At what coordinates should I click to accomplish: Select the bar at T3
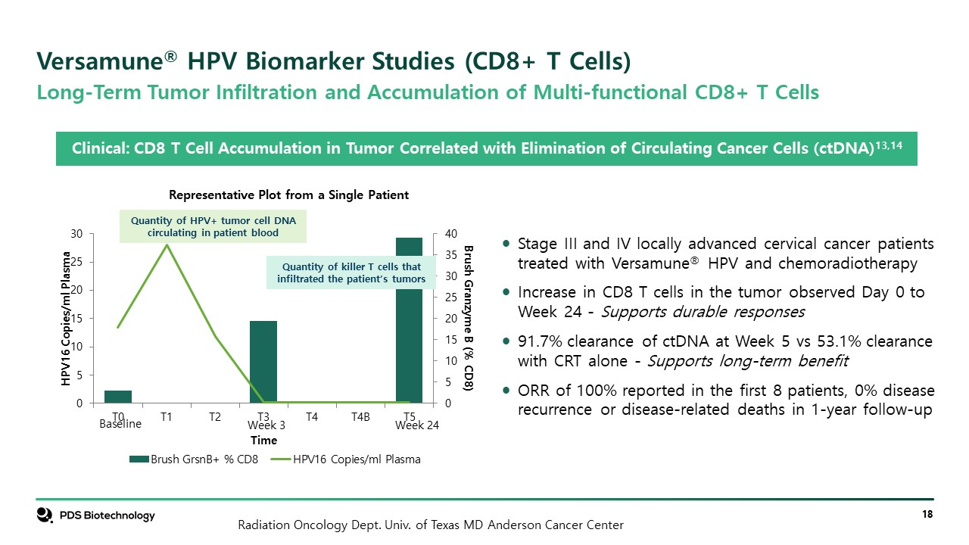pyautogui.click(x=263, y=362)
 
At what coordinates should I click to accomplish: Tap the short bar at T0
pyautogui.click(x=118, y=397)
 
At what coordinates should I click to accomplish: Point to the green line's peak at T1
pyautogui.click(x=167, y=244)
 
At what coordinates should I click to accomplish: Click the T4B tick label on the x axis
pyautogui.click(x=360, y=416)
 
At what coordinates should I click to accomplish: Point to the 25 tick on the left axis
pyautogui.click(x=76, y=262)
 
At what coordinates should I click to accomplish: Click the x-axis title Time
pyautogui.click(x=263, y=440)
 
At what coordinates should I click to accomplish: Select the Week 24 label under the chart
pyautogui.click(x=417, y=425)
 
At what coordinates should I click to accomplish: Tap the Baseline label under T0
pyautogui.click(x=120, y=425)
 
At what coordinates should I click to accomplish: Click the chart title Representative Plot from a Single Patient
pyautogui.click(x=288, y=195)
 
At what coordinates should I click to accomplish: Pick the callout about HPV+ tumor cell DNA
pyautogui.click(x=213, y=226)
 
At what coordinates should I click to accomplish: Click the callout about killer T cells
pyautogui.click(x=351, y=272)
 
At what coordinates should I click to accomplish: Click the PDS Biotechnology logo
pyautogui.click(x=95, y=515)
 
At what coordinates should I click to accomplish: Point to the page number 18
pyautogui.click(x=927, y=515)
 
